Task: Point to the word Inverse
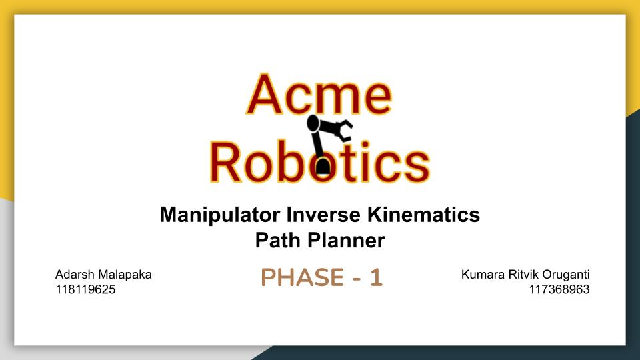tap(324, 215)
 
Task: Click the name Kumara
tap(482, 274)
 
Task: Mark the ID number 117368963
tap(559, 289)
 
